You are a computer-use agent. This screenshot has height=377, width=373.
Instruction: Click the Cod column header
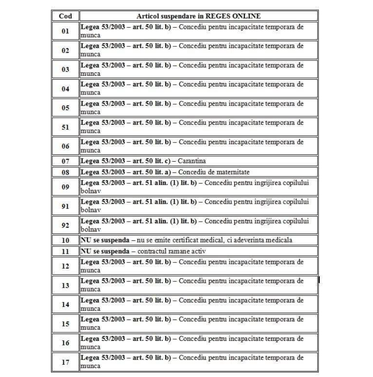(65, 16)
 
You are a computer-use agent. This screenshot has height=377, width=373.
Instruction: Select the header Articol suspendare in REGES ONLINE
(198, 16)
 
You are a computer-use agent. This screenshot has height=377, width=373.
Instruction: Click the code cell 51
(65, 127)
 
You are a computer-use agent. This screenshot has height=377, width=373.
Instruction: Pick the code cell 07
(65, 161)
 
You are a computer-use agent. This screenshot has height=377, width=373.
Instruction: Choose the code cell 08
(65, 172)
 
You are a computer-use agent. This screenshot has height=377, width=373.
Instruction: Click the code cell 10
(65, 240)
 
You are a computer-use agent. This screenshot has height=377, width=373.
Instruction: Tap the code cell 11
(65, 251)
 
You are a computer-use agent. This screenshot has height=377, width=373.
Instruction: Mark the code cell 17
(65, 362)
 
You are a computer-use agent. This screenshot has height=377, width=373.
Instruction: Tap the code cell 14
(65, 305)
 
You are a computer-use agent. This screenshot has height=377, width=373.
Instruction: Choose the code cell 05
(65, 108)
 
